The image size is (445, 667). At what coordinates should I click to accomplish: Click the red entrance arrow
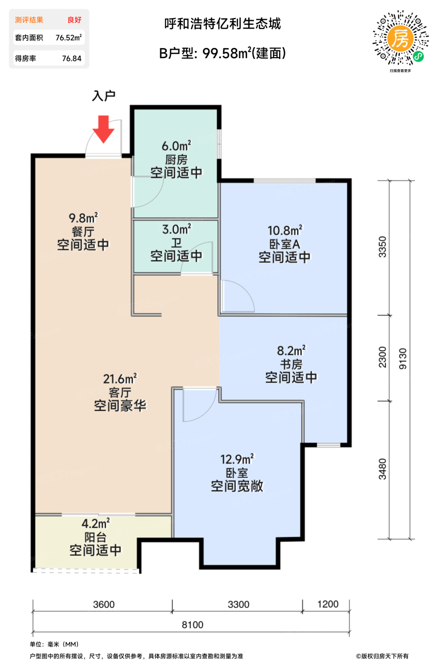point(103,129)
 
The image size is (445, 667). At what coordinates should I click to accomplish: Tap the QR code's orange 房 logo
point(401,39)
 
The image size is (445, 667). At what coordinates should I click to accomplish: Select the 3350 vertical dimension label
point(383,247)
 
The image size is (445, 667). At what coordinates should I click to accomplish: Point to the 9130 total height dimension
point(403,358)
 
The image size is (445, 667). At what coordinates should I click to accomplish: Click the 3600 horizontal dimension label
point(104,604)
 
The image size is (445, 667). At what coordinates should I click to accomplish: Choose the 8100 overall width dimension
point(192,625)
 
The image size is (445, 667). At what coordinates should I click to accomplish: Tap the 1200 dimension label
point(328,604)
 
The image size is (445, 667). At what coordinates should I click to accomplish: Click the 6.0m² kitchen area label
point(176,146)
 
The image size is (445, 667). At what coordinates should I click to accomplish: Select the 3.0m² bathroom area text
point(177,229)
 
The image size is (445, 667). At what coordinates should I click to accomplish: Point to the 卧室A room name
point(285,244)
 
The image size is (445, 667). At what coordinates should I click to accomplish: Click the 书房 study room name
point(291,364)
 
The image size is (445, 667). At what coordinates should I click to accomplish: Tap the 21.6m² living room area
point(120,379)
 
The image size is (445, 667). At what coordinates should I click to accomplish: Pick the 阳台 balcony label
point(95,537)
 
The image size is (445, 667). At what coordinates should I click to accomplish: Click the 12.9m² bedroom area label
point(237,459)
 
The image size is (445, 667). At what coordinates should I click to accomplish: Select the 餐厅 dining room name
point(83,232)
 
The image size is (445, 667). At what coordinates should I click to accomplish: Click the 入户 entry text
point(104,96)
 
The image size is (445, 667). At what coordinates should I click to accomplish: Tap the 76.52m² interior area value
point(69,38)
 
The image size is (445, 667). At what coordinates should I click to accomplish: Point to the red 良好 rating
point(74,20)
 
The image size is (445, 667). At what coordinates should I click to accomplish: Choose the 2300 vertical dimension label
point(383,357)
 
